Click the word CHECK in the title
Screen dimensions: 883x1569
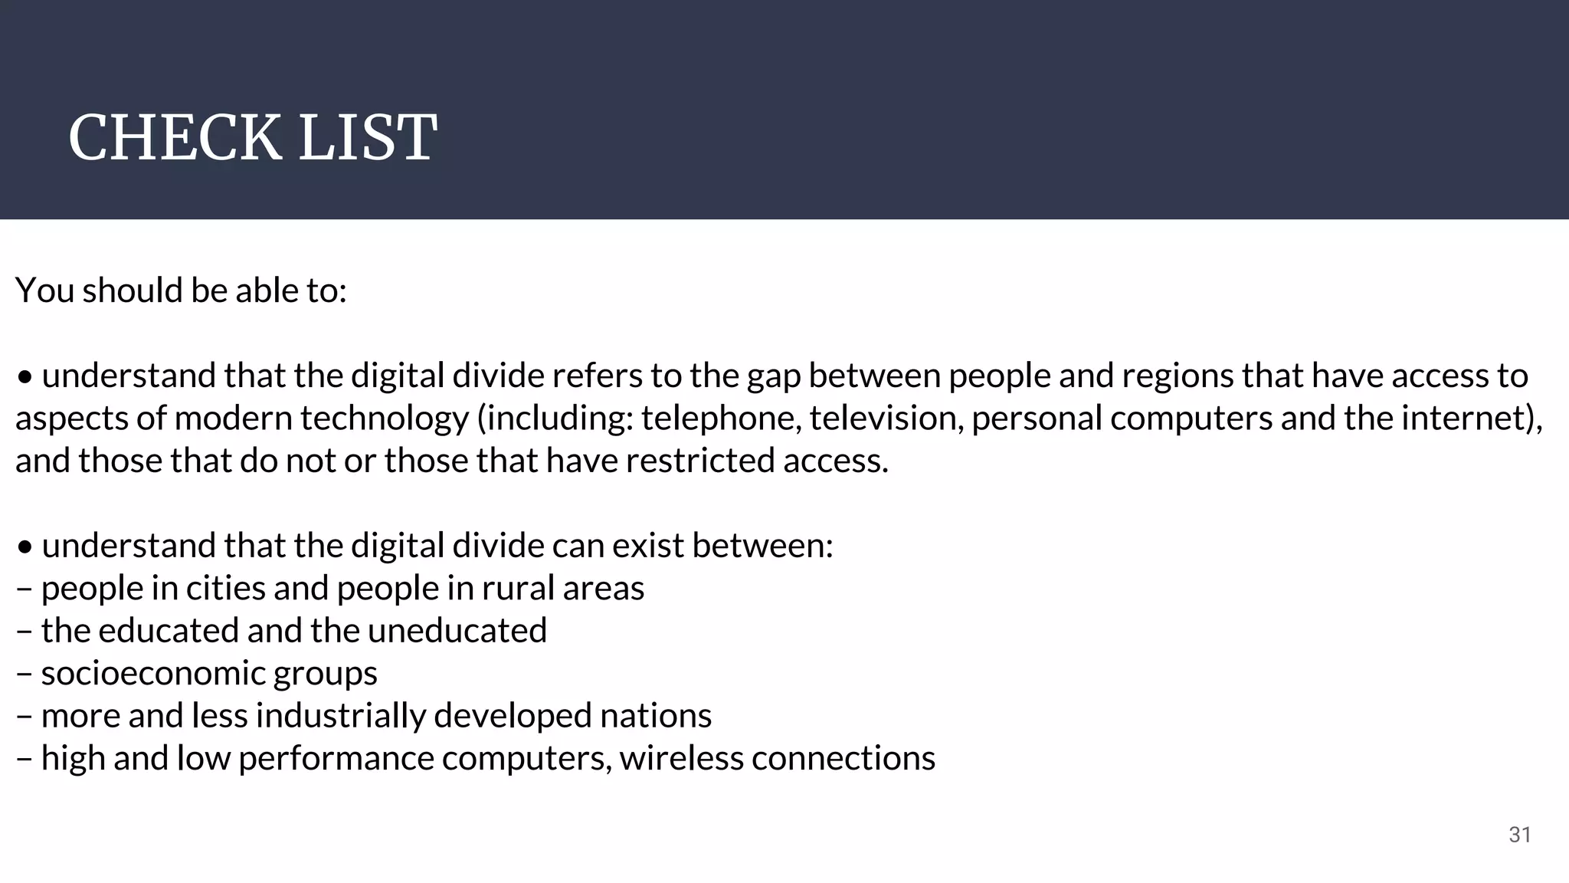tap(175, 138)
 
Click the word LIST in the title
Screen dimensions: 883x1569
tap(367, 138)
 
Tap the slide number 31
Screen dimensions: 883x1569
tap(1520, 835)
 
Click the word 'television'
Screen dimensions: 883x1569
tap(886, 419)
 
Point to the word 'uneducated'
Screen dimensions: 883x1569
tap(457, 631)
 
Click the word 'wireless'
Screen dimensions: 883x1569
tap(681, 758)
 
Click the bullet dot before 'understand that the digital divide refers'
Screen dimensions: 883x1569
tap(25, 378)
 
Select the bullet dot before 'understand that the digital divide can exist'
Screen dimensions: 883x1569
tap(25, 547)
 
